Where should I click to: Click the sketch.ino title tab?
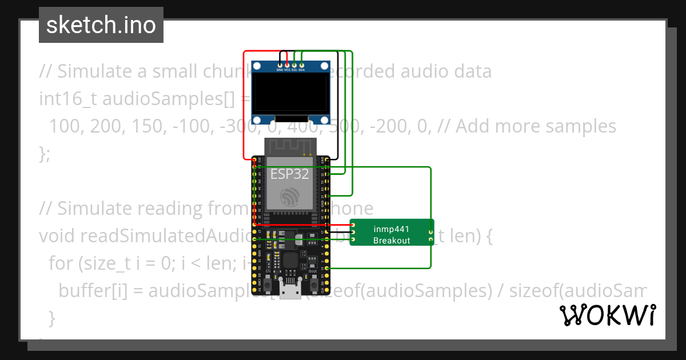click(101, 25)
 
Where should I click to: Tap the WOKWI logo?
click(607, 315)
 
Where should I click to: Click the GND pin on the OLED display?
click(280, 65)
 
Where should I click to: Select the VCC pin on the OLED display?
click(287, 65)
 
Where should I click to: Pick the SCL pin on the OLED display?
click(294, 65)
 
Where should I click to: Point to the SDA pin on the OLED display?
click(302, 65)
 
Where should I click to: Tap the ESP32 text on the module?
click(290, 174)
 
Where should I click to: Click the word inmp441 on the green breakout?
click(392, 229)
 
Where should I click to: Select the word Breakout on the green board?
click(392, 241)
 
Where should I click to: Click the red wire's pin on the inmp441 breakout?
click(353, 225)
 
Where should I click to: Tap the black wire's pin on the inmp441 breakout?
click(353, 232)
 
